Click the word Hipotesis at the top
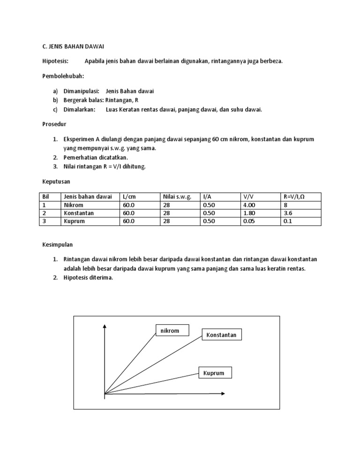pyautogui.click(x=55, y=61)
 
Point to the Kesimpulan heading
pyautogui.click(x=58, y=245)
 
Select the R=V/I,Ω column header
pyautogui.click(x=297, y=197)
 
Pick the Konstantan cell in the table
pyautogui.click(x=78, y=213)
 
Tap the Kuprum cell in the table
pyautogui.click(x=74, y=221)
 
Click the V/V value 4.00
pyautogui.click(x=249, y=205)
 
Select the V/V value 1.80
pyautogui.click(x=249, y=213)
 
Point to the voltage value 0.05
pyautogui.click(x=249, y=221)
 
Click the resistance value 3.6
pyautogui.click(x=288, y=213)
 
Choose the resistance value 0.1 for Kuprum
pyautogui.click(x=288, y=221)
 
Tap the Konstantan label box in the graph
pyautogui.click(x=221, y=335)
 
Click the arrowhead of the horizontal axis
pyautogui.click(x=224, y=393)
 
